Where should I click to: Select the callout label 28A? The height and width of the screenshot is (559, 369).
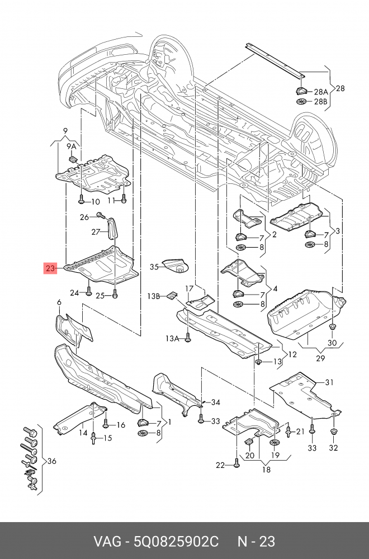pos(320,92)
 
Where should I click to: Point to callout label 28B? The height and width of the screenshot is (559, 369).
pos(320,102)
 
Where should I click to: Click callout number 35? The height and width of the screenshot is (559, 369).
pos(154,267)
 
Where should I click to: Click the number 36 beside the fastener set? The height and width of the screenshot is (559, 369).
pos(51,461)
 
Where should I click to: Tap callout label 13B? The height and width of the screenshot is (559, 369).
pos(154,296)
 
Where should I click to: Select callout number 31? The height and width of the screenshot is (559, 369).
pos(329,382)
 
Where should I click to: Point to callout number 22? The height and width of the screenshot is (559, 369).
pos(220,465)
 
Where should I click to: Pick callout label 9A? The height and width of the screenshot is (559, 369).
pos(71,146)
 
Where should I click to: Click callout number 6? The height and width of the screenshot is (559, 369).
pos(59,303)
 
